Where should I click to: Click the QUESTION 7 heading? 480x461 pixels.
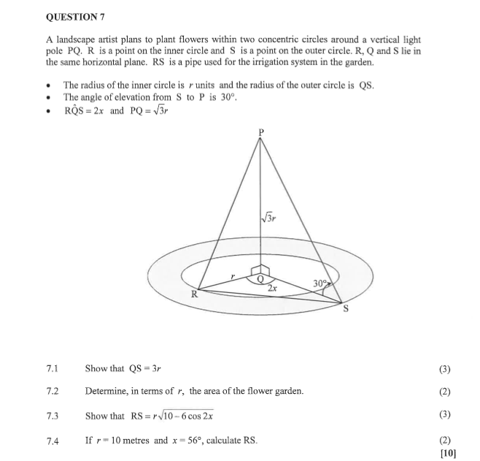pos(76,15)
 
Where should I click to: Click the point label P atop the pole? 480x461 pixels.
pos(261,132)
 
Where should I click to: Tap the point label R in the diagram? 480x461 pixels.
pos(194,295)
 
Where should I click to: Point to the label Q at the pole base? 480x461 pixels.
pos(260,278)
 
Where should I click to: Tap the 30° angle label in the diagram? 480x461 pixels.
pos(320,283)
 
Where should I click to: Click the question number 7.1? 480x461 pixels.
pos(52,369)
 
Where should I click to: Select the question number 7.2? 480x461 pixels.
pos(52,392)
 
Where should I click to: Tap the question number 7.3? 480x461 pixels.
pos(52,416)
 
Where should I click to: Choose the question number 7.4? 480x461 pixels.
pos(52,441)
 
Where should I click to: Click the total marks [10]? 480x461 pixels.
pos(449,453)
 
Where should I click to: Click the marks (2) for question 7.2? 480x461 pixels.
pos(445,392)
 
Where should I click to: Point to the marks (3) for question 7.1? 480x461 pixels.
pos(445,369)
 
